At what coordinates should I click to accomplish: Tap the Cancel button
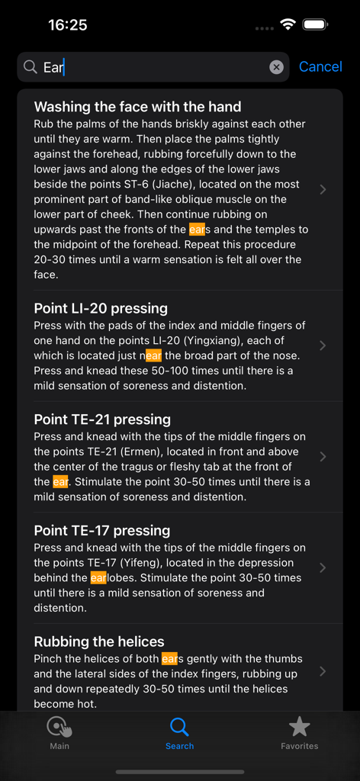point(320,67)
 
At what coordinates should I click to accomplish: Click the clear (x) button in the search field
point(276,67)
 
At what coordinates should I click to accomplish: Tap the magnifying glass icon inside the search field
point(31,67)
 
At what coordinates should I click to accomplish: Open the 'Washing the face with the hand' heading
point(137,107)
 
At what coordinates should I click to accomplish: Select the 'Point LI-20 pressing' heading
point(101,308)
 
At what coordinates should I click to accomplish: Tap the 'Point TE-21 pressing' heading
point(102,419)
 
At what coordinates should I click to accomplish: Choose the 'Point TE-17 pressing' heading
point(102,531)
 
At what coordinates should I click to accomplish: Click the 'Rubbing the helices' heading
point(99,641)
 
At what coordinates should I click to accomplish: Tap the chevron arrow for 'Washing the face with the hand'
point(323,189)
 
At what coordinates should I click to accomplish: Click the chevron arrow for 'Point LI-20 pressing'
point(323,346)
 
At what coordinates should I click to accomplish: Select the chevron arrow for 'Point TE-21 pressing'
point(323,457)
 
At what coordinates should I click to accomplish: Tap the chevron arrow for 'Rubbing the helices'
point(323,671)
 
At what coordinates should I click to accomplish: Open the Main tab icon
point(59,728)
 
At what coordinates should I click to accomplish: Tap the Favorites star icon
point(299,727)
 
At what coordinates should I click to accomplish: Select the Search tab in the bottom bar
point(179,733)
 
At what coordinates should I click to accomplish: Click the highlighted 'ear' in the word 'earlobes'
point(98,578)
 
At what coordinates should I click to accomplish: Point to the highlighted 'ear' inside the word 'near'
point(154,356)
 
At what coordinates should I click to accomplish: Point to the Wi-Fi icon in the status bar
point(288,24)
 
